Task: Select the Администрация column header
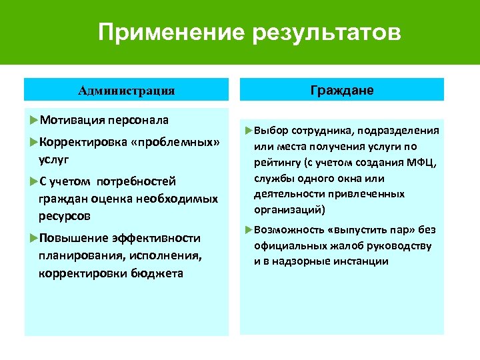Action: pyautogui.click(x=126, y=90)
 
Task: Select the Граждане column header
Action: pyautogui.click(x=342, y=90)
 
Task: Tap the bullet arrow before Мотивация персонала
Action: pyautogui.click(x=34, y=119)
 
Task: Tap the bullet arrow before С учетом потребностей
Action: pyautogui.click(x=34, y=181)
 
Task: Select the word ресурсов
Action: pyautogui.click(x=65, y=217)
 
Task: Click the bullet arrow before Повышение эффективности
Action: pyautogui.click(x=34, y=238)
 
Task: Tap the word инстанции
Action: pyautogui.click(x=356, y=262)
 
